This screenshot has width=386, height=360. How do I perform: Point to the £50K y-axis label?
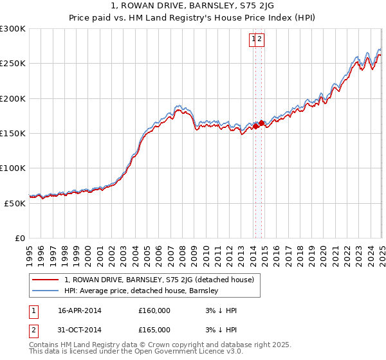(15, 203)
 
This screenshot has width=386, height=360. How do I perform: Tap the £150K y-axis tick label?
(13, 133)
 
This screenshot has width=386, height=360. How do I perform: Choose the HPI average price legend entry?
(142, 291)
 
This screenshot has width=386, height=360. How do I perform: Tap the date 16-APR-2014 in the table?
(80, 310)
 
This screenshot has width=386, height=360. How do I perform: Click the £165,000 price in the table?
(154, 330)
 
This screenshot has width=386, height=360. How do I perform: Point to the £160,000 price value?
(154, 310)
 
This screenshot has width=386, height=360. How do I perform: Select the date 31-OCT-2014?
(80, 330)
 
